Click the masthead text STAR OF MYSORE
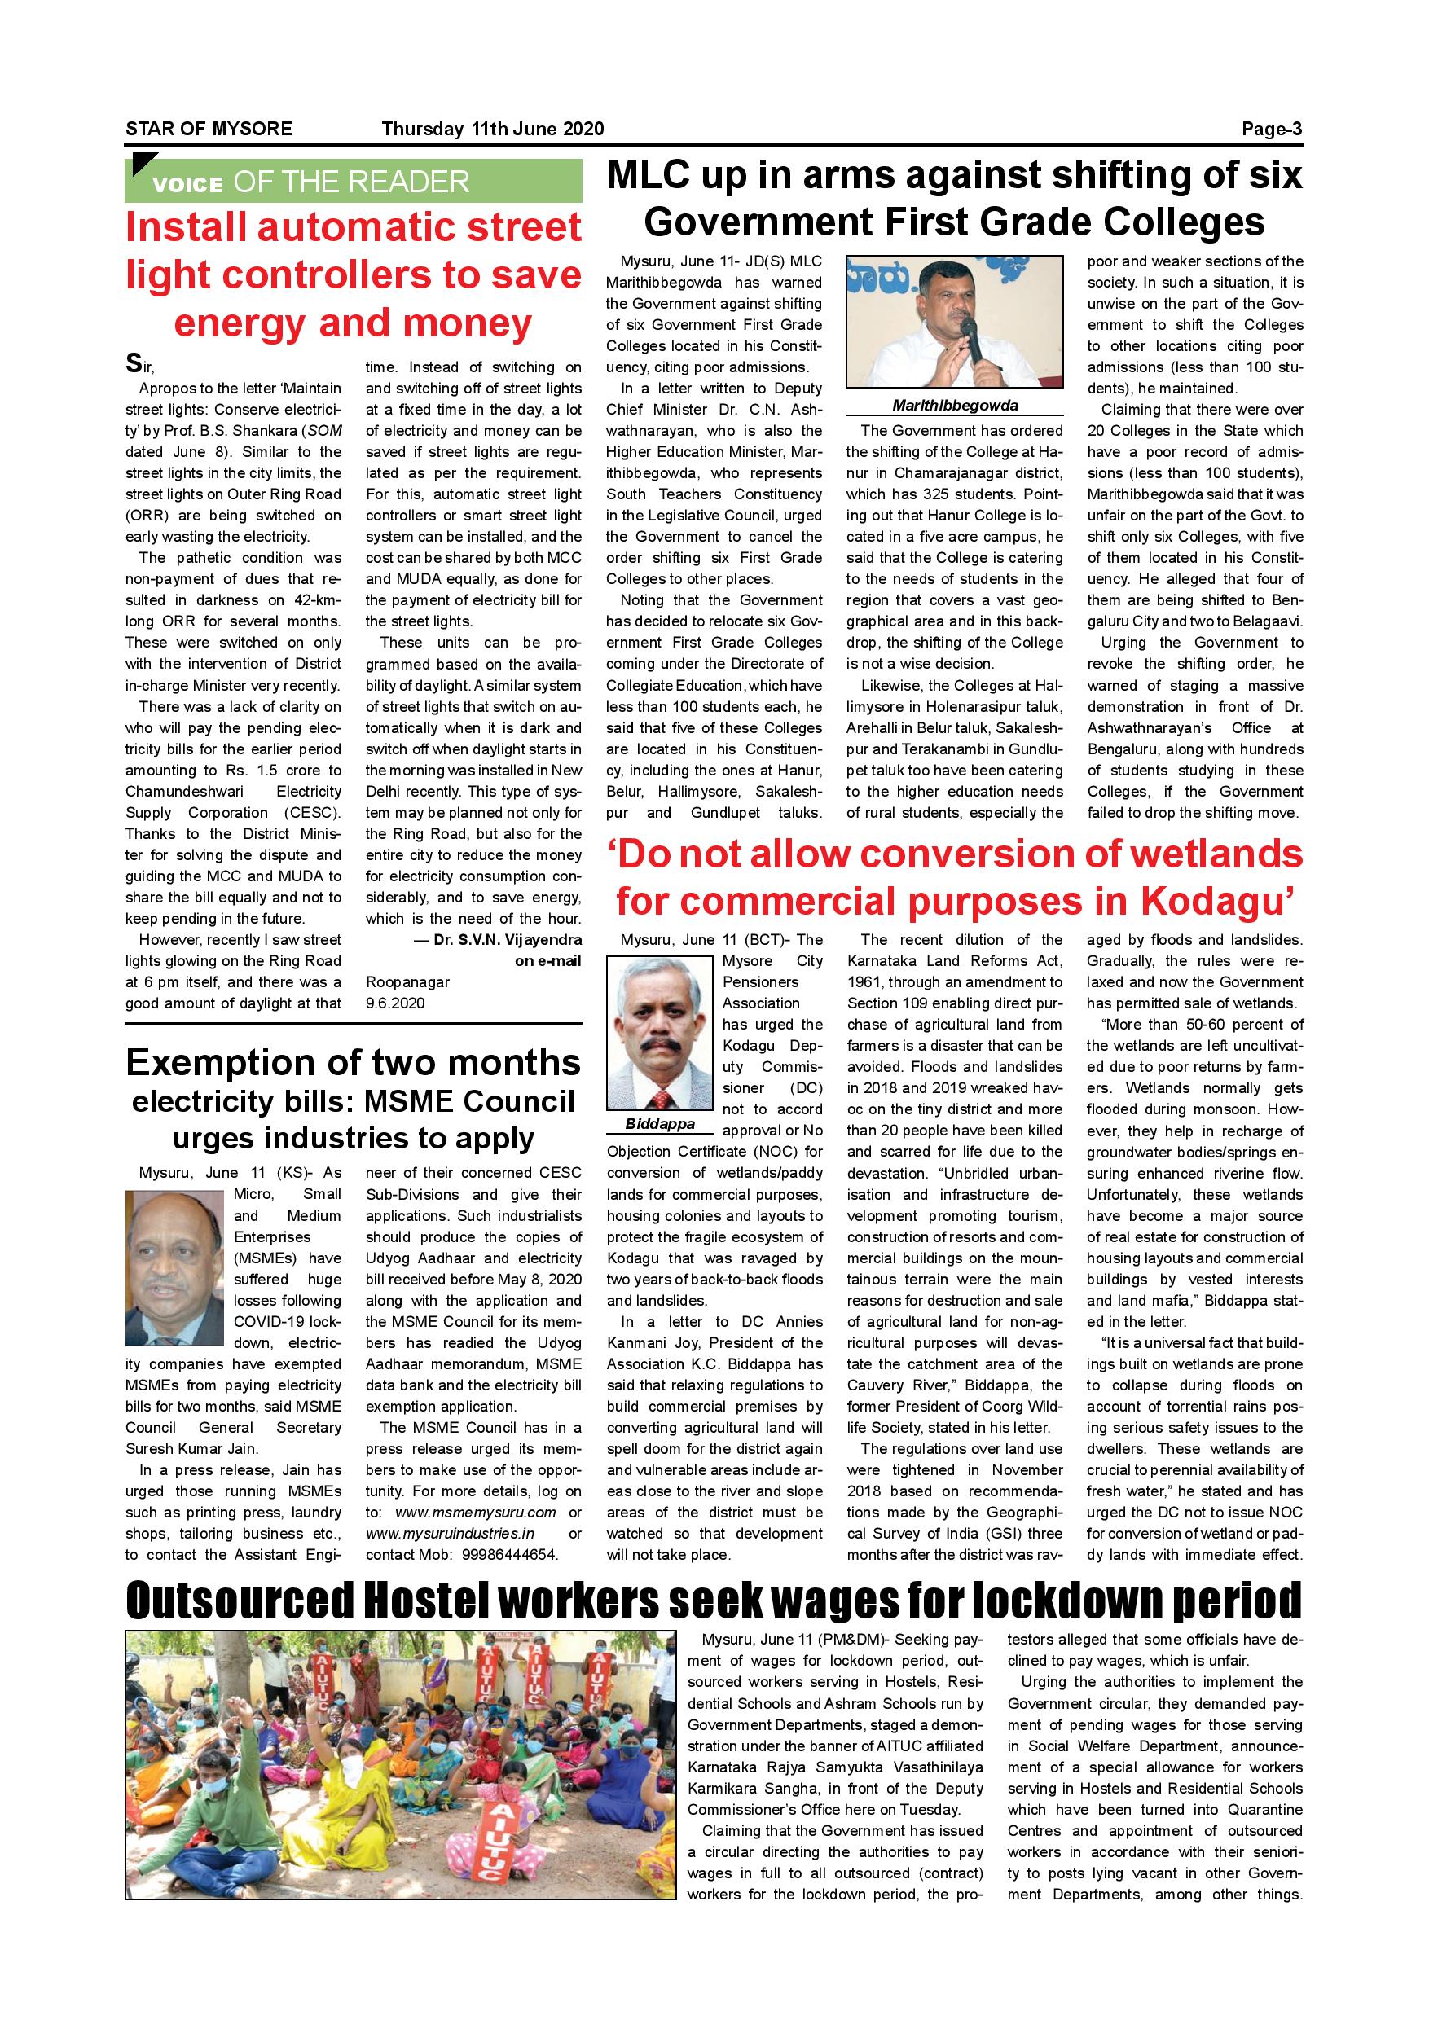click(209, 129)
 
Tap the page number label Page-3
click(1271, 129)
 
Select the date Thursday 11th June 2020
click(492, 129)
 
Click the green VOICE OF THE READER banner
click(353, 182)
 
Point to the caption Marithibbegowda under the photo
click(955, 406)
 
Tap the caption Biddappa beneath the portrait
click(660, 1124)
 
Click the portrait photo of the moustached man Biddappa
click(660, 1034)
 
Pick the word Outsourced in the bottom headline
click(240, 1601)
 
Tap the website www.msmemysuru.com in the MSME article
click(475, 1513)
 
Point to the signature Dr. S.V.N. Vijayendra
click(507, 940)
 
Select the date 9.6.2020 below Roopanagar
click(395, 1003)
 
